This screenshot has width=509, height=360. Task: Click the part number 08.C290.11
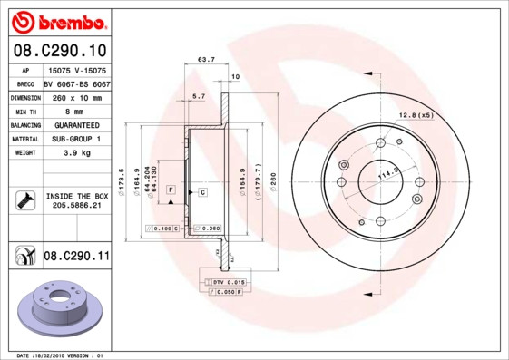(76, 258)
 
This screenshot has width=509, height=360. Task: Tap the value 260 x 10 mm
(76, 96)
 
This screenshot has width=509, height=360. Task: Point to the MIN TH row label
(23, 110)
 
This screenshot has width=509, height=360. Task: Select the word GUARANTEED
(76, 124)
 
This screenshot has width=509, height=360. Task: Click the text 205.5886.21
(76, 206)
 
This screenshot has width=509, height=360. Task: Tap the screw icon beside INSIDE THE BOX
(24, 200)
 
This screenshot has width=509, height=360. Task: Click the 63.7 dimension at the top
(206, 60)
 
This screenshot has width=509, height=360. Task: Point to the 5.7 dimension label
(199, 94)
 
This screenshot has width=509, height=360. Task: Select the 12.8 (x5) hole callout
(416, 114)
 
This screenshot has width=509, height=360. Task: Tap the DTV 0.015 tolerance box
(225, 282)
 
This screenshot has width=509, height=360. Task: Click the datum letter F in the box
(170, 188)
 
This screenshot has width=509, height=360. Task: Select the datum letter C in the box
(201, 193)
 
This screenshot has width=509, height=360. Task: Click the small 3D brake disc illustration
(55, 308)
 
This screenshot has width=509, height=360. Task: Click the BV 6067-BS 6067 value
(76, 83)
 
